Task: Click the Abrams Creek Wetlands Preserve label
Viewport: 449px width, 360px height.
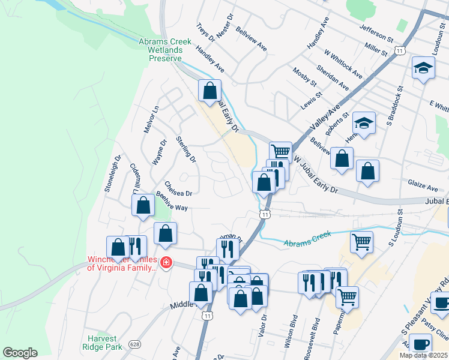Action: pyautogui.click(x=165, y=50)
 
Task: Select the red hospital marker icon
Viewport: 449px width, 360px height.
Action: pyautogui.click(x=166, y=263)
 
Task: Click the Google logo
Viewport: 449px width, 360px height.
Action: pyautogui.click(x=20, y=352)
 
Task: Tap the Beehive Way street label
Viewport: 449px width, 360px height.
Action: pyautogui.click(x=172, y=202)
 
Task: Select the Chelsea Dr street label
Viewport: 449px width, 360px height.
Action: pyautogui.click(x=178, y=189)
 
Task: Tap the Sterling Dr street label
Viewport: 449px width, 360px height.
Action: pyautogui.click(x=186, y=149)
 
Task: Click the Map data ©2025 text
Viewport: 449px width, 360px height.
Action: pyautogui.click(x=424, y=355)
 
